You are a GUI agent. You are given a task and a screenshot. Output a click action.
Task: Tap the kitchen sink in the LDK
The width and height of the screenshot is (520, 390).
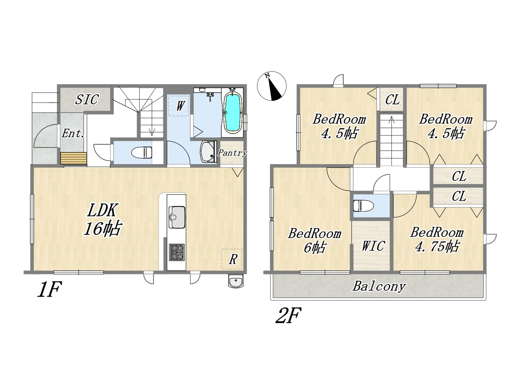(x=177, y=217)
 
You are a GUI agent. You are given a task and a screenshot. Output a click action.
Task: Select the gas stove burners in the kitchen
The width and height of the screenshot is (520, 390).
(x=177, y=252)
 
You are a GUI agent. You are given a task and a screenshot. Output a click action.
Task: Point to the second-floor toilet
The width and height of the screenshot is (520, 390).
(x=363, y=206)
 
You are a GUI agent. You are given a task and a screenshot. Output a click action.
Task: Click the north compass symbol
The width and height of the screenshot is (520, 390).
(x=272, y=86)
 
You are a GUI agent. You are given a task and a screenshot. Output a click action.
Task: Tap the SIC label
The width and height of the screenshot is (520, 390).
(x=87, y=99)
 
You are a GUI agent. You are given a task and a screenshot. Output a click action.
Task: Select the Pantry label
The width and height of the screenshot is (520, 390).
(x=232, y=153)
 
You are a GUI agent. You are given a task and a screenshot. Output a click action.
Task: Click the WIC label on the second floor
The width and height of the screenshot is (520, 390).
(x=373, y=245)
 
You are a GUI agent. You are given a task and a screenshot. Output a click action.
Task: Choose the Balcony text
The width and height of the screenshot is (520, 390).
(x=379, y=286)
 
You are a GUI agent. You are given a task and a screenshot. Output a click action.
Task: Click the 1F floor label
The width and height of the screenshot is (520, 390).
(x=50, y=289)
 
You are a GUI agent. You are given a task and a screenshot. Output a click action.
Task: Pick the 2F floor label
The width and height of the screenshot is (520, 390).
(x=288, y=315)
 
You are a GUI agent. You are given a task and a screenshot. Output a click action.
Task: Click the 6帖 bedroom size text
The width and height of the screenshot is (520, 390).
(x=314, y=247)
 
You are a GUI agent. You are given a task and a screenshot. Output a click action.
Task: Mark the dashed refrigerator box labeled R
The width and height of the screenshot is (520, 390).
(x=232, y=259)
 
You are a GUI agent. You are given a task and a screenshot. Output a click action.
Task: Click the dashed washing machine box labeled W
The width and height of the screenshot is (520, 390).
(x=179, y=106)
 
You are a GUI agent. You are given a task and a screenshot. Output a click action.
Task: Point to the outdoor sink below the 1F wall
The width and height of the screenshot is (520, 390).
(x=236, y=281)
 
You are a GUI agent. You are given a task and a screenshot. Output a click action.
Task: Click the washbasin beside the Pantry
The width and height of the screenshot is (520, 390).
(x=208, y=152)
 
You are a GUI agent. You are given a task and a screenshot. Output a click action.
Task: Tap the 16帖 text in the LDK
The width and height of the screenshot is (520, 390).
(x=102, y=228)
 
